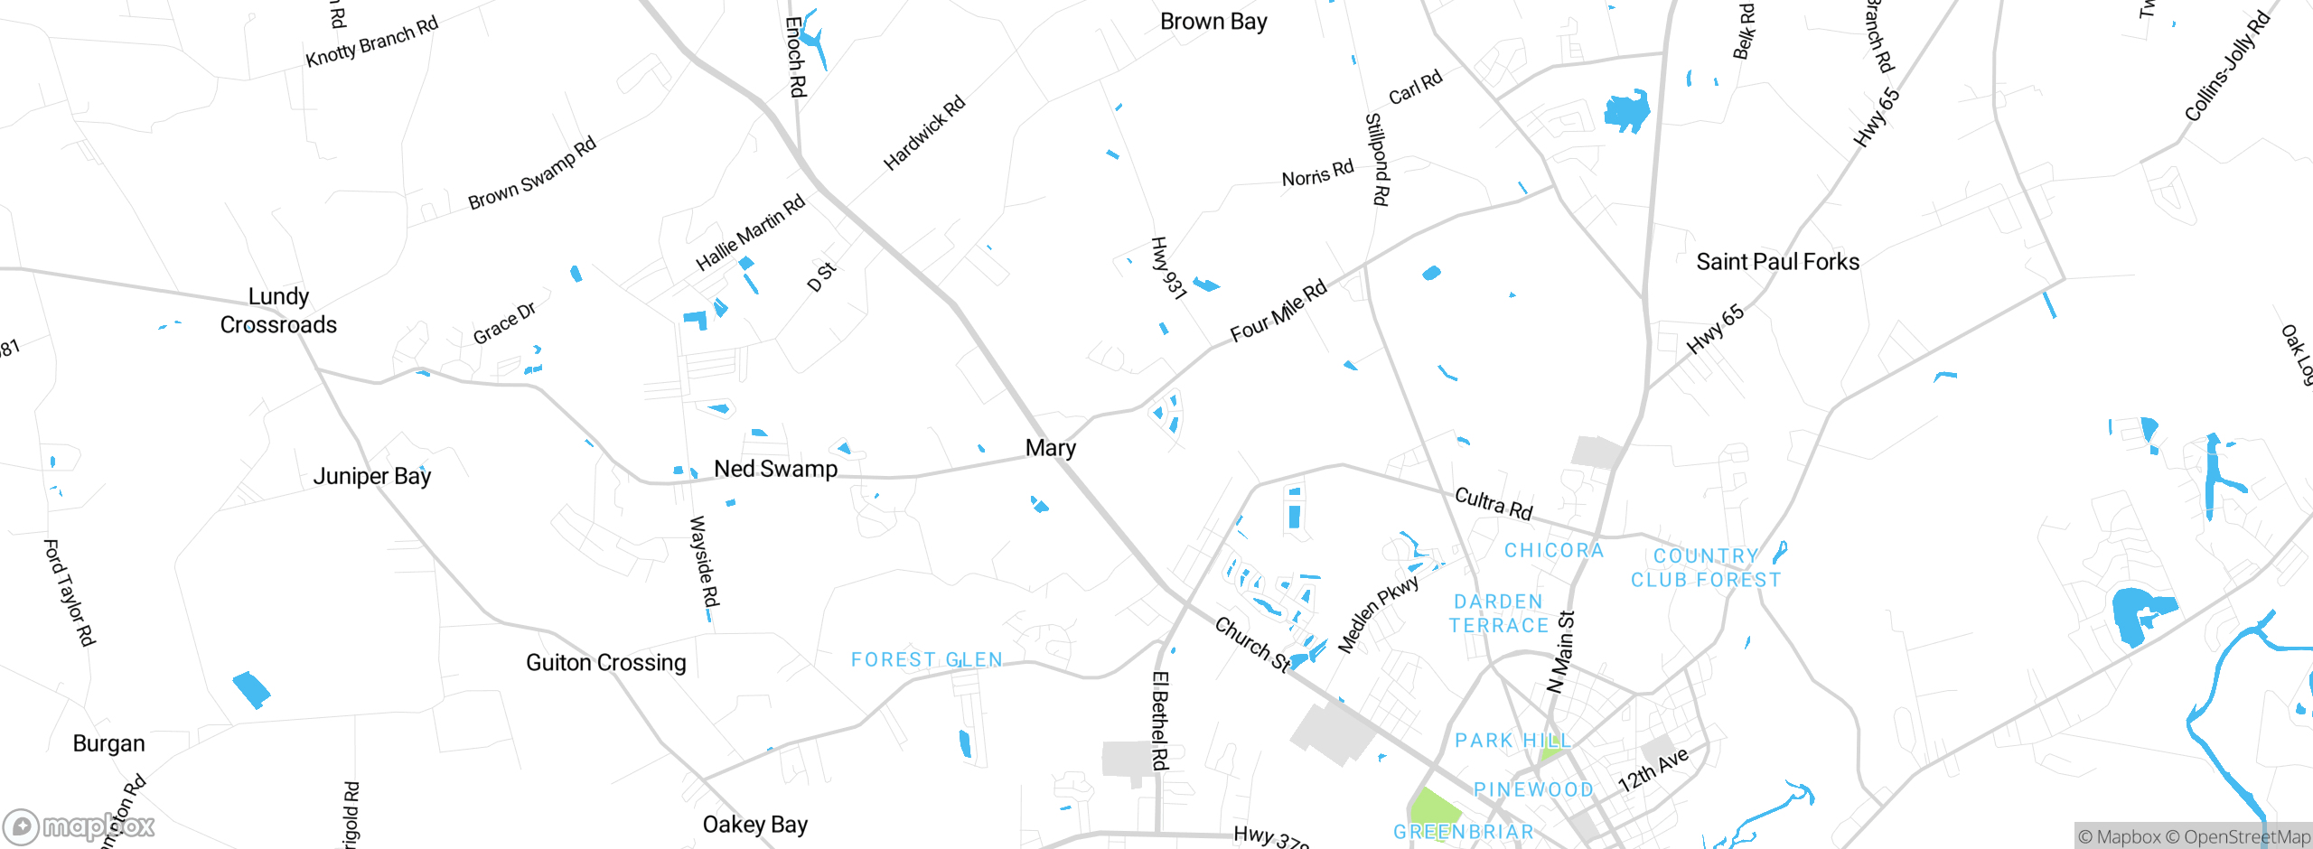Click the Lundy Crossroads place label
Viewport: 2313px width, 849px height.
click(278, 311)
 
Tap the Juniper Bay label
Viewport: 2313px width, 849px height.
click(372, 476)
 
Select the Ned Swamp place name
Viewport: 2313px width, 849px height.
click(775, 469)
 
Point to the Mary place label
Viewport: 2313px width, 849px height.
click(1051, 448)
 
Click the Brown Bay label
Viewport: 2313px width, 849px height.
click(1213, 22)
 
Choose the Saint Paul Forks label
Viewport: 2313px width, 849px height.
click(1777, 262)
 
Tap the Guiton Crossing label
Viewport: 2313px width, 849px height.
click(605, 663)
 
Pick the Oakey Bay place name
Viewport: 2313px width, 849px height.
click(755, 825)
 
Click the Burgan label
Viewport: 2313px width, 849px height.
click(108, 743)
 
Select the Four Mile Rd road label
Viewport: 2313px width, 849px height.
click(1278, 311)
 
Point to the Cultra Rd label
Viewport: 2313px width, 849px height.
click(1494, 504)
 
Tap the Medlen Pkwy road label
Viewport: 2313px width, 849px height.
click(1378, 614)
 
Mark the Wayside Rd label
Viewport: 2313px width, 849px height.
click(704, 562)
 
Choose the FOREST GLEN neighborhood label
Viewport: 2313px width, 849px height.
click(927, 660)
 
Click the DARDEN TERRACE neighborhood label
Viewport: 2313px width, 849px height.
click(1499, 614)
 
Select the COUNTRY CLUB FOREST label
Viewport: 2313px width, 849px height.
click(1706, 568)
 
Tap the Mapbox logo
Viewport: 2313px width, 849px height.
click(80, 826)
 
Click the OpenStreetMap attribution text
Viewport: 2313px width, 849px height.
click(2243, 837)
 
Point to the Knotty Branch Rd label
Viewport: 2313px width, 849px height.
click(371, 42)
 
